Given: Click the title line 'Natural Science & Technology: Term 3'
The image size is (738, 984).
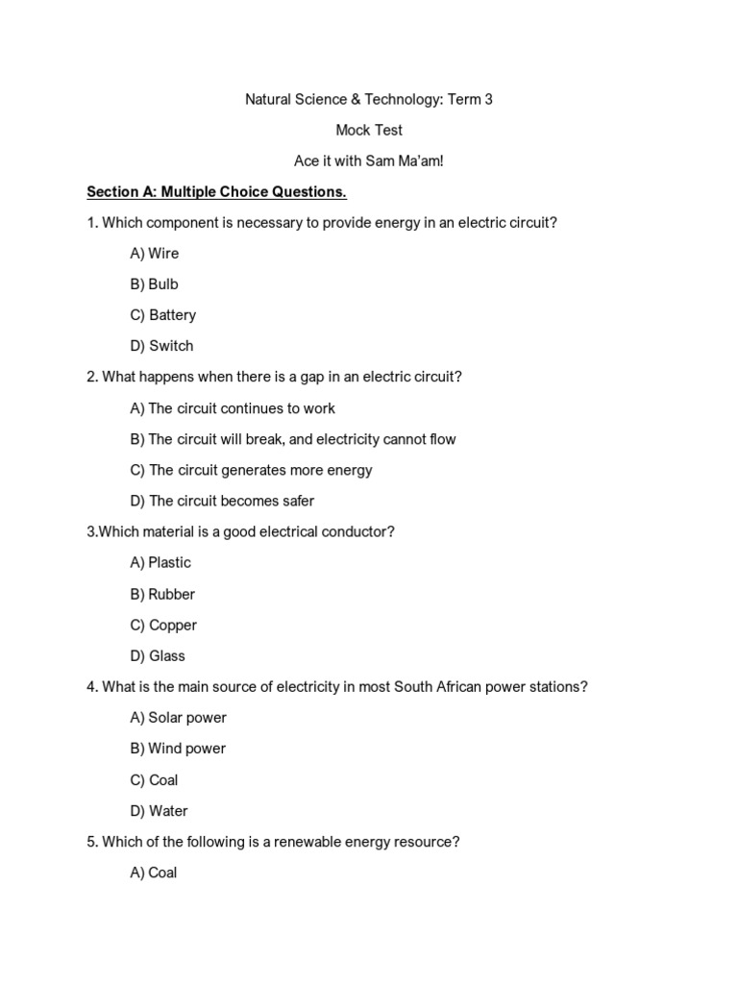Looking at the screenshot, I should pyautogui.click(x=369, y=99).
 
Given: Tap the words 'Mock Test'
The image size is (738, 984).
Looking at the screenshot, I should pyautogui.click(x=369, y=130).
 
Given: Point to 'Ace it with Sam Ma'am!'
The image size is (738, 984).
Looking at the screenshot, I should pyautogui.click(x=369, y=160).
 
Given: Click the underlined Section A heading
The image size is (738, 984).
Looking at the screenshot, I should pyautogui.click(x=216, y=192).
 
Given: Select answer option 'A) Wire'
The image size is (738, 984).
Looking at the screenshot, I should pyautogui.click(x=155, y=254).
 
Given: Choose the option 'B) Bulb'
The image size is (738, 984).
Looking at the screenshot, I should pyautogui.click(x=155, y=284).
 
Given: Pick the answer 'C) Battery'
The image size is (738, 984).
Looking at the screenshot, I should pyautogui.click(x=163, y=315).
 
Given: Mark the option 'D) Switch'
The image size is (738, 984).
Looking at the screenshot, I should pyautogui.click(x=161, y=346).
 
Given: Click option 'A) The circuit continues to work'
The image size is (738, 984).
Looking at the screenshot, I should pyautogui.click(x=233, y=408).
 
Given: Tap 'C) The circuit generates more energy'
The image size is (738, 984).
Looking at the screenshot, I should pyautogui.click(x=251, y=470).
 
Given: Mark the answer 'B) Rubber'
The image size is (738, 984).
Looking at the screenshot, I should pyautogui.click(x=162, y=594).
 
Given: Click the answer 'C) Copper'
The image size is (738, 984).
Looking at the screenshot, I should pyautogui.click(x=163, y=625).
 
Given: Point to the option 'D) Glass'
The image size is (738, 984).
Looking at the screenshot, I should pyautogui.click(x=158, y=656).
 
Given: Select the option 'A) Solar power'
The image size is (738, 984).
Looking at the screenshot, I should pyautogui.click(x=178, y=718).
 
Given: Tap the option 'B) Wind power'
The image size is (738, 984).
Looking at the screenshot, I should pyautogui.click(x=178, y=749).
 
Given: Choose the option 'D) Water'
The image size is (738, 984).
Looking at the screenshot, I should pyautogui.click(x=159, y=811).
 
